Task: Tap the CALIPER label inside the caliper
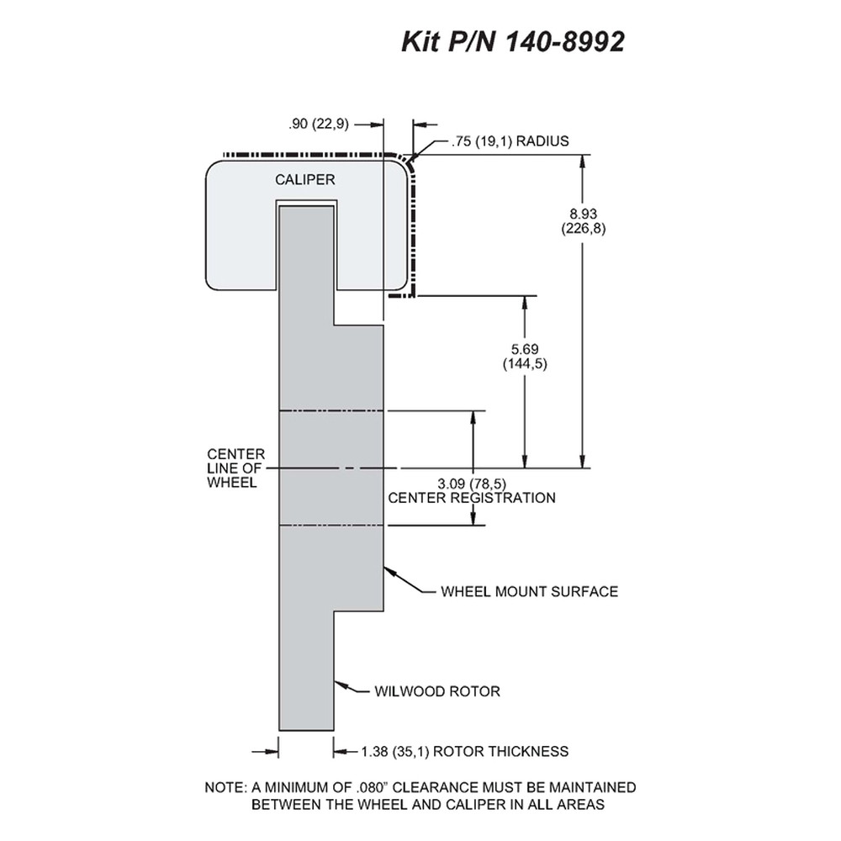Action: pyautogui.click(x=304, y=180)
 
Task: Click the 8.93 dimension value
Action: pyautogui.click(x=584, y=214)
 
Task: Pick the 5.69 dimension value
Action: pyautogui.click(x=525, y=349)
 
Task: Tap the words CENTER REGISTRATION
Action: pyautogui.click(x=472, y=498)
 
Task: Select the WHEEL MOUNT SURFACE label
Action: pyautogui.click(x=529, y=591)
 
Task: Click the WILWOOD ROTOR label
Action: pyautogui.click(x=437, y=691)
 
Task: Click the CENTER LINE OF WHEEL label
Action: pyautogui.click(x=236, y=468)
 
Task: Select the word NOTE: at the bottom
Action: pyautogui.click(x=225, y=788)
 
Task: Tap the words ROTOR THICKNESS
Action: pyautogui.click(x=500, y=751)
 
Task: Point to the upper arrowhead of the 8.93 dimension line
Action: pyautogui.click(x=583, y=161)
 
